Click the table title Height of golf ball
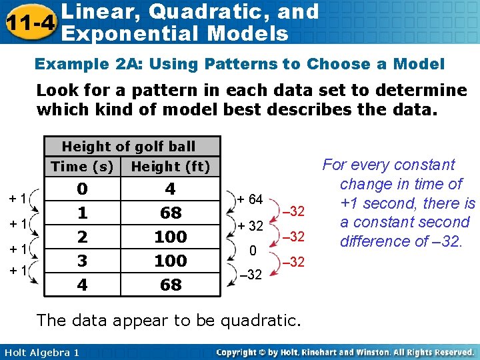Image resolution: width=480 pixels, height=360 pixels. pyautogui.click(x=129, y=147)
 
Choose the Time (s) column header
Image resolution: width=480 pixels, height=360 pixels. pyautogui.click(x=82, y=167)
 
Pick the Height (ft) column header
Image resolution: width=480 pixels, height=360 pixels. pyautogui.click(x=171, y=167)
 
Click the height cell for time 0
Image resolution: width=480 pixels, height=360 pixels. pyautogui.click(x=171, y=189)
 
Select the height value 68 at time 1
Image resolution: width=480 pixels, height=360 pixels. pyautogui.click(x=171, y=213)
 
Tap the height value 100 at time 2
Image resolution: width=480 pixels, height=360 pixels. pyautogui.click(x=171, y=237)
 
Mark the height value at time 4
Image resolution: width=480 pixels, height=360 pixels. pyautogui.click(x=171, y=285)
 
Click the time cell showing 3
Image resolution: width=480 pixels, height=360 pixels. pyautogui.click(x=82, y=261)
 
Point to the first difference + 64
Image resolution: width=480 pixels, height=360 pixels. pyautogui.click(x=251, y=199)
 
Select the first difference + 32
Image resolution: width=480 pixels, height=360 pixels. pyautogui.click(x=251, y=225)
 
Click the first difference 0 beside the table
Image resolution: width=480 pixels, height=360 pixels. pyautogui.click(x=253, y=251)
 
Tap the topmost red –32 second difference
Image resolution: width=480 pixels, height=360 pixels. pyautogui.click(x=293, y=212)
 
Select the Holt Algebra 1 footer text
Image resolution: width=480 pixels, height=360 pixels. pyautogui.click(x=40, y=352)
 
